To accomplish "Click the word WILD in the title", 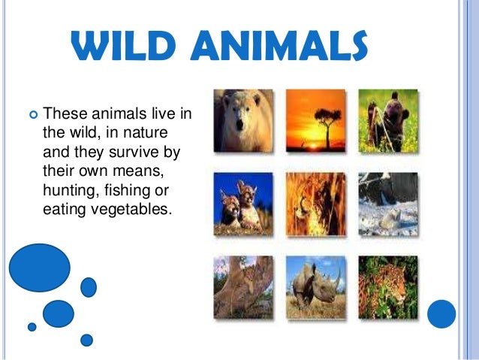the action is coord(123,46).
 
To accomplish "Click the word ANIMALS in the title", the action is coord(279,46).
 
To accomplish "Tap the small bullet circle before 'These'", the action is coord(33,115).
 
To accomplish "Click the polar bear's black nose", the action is coord(239,125).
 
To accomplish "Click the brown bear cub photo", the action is coord(388,121).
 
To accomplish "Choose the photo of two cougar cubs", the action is coord(243,204).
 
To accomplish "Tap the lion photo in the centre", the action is coord(315,204).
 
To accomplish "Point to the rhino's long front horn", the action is coord(338,278).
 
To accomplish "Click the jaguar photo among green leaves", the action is coord(388,287).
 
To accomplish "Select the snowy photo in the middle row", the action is coord(388,204).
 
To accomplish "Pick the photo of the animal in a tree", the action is coord(243,287).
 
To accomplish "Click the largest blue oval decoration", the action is coord(40,268).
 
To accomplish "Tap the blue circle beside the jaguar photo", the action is coord(441,314).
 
